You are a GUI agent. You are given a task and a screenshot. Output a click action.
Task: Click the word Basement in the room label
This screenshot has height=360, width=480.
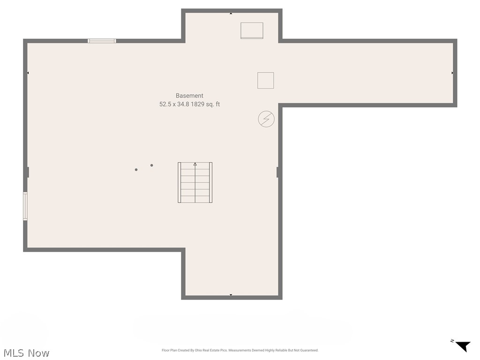(x=189, y=96)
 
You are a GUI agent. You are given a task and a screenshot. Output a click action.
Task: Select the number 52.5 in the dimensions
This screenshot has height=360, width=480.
(x=165, y=105)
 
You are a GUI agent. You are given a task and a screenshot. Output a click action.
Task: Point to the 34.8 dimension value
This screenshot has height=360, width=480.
(x=183, y=105)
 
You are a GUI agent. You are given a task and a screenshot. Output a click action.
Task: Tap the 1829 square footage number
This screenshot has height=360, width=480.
(x=198, y=105)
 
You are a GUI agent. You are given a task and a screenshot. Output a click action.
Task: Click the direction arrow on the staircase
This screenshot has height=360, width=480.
(x=195, y=165)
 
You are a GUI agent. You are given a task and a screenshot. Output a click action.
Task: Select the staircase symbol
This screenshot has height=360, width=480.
(x=195, y=182)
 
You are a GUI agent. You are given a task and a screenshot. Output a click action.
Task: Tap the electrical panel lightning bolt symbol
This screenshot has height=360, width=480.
(x=266, y=119)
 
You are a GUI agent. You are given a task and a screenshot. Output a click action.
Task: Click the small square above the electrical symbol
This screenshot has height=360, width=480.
(x=265, y=80)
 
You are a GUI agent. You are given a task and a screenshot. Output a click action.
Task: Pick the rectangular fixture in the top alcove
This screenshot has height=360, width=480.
(x=252, y=30)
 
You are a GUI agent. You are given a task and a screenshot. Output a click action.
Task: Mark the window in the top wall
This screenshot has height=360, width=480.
(x=102, y=41)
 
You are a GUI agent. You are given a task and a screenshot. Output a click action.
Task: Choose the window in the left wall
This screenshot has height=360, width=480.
(x=25, y=206)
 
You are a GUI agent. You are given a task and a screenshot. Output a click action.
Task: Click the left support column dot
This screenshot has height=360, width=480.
(x=136, y=170)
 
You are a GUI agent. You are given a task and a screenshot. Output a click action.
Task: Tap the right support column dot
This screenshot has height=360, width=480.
(x=151, y=165)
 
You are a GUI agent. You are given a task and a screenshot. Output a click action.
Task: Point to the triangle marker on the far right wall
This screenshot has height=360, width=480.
(x=452, y=73)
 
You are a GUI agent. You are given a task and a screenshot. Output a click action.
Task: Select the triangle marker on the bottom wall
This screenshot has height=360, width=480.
(x=231, y=295)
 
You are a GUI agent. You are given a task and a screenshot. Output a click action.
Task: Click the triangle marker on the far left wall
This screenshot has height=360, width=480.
(x=28, y=73)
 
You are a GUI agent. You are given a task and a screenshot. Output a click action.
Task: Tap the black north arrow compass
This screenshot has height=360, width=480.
(x=463, y=346)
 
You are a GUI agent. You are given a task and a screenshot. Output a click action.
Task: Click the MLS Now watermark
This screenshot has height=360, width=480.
(x=26, y=352)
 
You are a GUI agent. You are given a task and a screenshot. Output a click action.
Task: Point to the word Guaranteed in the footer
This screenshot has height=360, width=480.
(x=309, y=350)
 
